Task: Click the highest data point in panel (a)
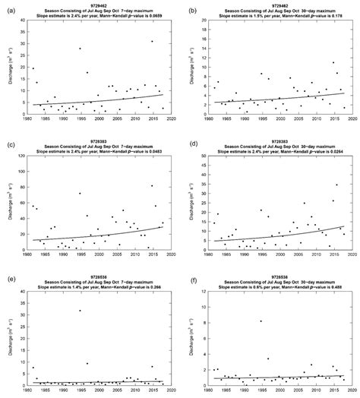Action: tap(152, 42)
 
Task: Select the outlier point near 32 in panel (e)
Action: tap(80, 310)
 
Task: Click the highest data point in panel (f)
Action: tap(261, 321)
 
